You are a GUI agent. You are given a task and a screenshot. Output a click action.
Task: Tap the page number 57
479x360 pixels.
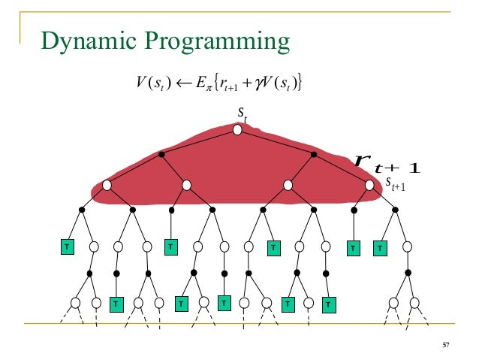pyautogui.click(x=445, y=345)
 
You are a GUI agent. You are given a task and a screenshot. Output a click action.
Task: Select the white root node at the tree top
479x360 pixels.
pyautogui.click(x=237, y=130)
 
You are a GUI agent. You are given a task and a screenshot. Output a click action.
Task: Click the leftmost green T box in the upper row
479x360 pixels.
pyautogui.click(x=66, y=246)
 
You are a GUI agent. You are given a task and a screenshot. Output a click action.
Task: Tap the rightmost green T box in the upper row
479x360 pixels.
pyautogui.click(x=380, y=246)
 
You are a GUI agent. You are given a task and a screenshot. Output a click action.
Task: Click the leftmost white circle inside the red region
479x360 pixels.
pyautogui.click(x=107, y=185)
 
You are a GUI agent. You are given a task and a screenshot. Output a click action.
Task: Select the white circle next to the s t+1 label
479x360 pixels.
pyautogui.click(x=369, y=185)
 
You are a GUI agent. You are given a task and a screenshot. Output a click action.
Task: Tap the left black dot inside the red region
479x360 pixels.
pyautogui.click(x=161, y=154)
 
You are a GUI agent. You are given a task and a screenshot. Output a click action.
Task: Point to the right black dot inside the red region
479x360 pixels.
pyautogui.click(x=314, y=154)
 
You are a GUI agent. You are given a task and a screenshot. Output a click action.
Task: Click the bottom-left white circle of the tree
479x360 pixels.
pyautogui.click(x=75, y=302)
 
